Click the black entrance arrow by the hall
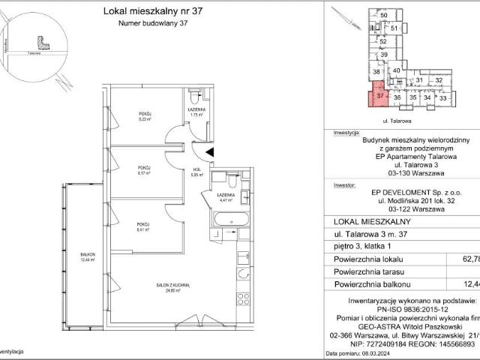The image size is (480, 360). point(209,152)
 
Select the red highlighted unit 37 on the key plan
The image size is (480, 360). point(379,96)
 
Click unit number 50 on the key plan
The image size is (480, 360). point(383,15)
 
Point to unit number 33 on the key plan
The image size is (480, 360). point(443,97)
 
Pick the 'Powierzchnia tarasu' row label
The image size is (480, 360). point(370,271)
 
